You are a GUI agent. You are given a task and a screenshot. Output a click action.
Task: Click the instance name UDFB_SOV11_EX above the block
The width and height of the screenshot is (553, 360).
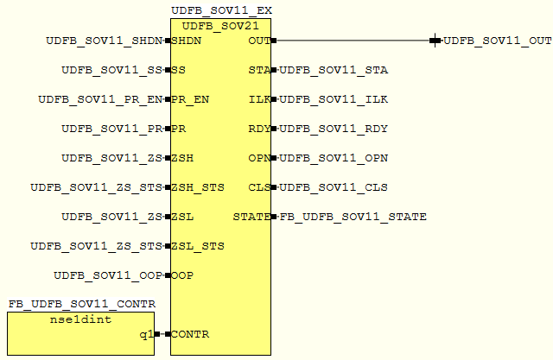click(x=222, y=9)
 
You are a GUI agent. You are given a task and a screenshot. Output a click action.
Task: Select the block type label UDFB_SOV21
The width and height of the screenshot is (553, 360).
click(x=220, y=24)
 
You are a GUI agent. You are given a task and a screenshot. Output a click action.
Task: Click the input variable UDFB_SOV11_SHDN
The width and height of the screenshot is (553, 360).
click(x=105, y=41)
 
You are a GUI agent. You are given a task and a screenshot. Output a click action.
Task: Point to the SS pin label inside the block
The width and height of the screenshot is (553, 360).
click(x=179, y=70)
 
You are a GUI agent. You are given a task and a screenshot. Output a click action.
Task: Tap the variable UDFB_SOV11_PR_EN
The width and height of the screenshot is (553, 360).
click(x=100, y=99)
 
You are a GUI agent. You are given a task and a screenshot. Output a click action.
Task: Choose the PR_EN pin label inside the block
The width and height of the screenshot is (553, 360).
click(x=190, y=99)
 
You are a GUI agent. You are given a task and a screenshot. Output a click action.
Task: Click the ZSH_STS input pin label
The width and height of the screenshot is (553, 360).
click(x=198, y=187)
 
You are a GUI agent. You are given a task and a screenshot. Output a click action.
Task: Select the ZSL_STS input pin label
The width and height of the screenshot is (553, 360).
click(x=198, y=246)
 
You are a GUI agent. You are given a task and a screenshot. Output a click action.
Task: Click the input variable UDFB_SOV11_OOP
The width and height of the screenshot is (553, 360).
click(x=108, y=275)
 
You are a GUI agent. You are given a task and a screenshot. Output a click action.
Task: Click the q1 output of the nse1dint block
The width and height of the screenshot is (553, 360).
click(x=146, y=334)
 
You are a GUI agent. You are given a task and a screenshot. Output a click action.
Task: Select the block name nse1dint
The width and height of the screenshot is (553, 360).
click(x=81, y=320)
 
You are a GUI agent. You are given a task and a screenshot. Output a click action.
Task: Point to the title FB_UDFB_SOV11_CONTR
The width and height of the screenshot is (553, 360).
click(x=81, y=304)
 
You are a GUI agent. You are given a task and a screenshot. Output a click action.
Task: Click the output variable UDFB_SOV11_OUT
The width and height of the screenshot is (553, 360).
click(x=498, y=41)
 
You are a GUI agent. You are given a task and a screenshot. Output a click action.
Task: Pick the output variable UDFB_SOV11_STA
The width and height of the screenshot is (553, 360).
click(x=334, y=70)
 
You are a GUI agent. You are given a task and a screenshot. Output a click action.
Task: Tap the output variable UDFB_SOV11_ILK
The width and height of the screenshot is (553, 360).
click(x=334, y=99)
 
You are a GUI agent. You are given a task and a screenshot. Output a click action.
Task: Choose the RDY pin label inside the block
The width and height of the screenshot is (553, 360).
click(x=259, y=129)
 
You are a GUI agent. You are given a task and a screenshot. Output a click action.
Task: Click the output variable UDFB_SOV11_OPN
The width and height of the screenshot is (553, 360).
click(x=334, y=158)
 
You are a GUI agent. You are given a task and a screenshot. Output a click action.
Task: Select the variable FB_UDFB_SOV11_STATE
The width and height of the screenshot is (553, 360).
click(x=353, y=217)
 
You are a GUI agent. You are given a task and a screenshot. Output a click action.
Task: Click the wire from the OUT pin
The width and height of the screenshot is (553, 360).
click(x=354, y=40)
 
